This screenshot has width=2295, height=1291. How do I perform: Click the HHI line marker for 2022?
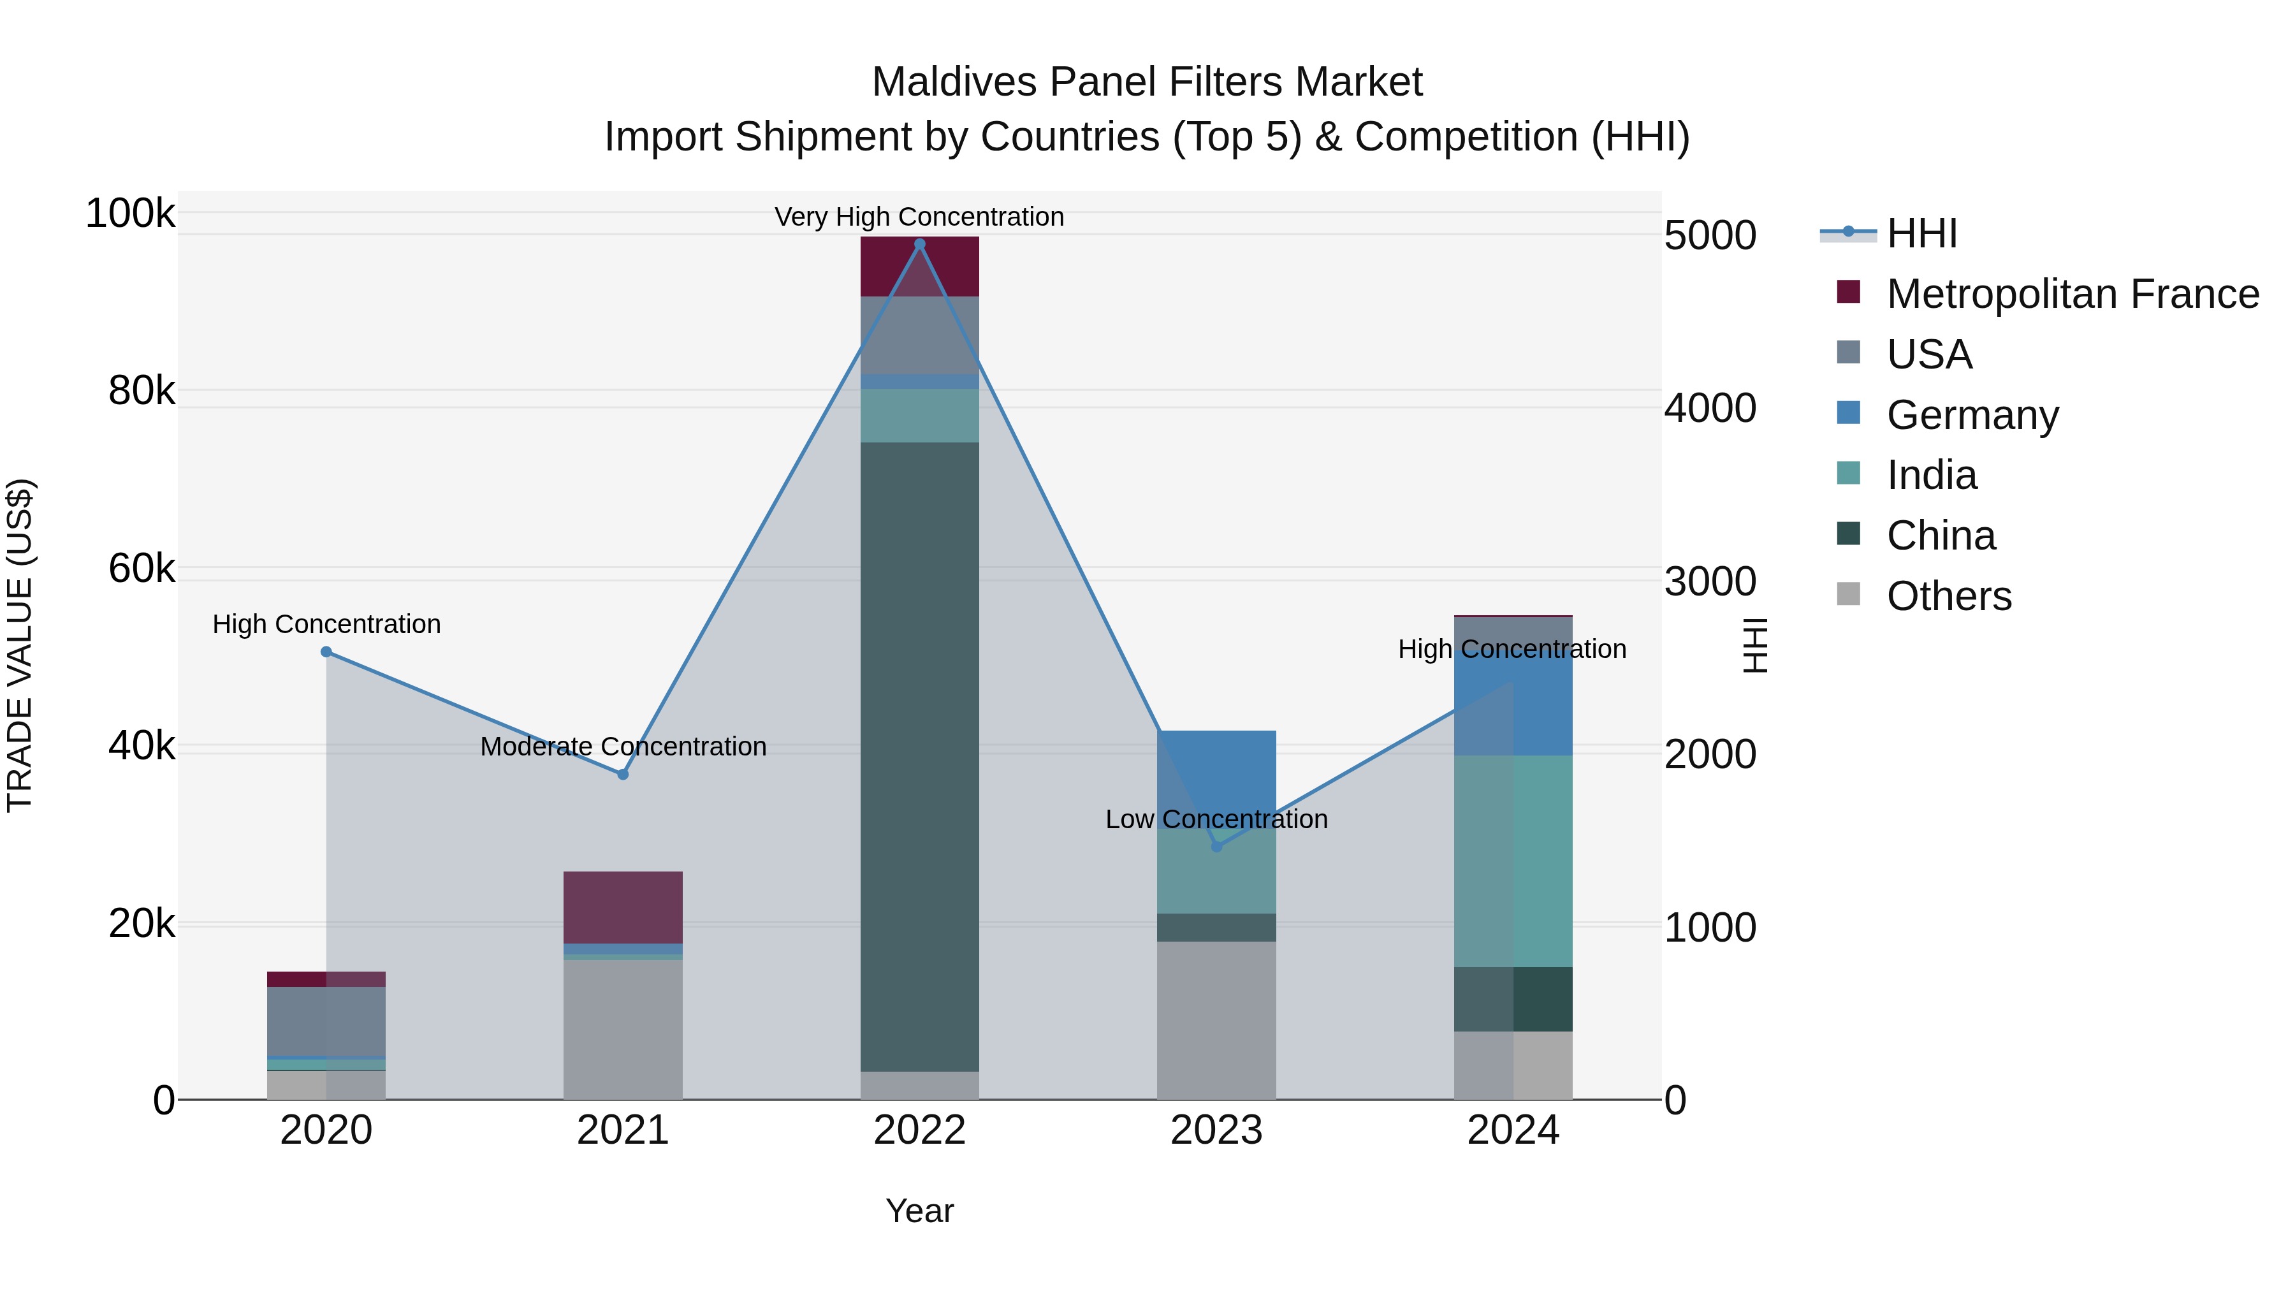pyautogui.click(x=919, y=244)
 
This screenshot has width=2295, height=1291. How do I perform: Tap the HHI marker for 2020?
pyautogui.click(x=326, y=652)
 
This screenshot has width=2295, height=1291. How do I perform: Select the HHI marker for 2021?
pyautogui.click(x=623, y=774)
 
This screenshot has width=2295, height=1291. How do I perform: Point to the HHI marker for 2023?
pyautogui.click(x=1216, y=847)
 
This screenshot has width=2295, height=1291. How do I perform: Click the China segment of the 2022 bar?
pyautogui.click(x=919, y=757)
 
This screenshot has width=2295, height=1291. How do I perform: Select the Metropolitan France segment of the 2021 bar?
pyautogui.click(x=623, y=907)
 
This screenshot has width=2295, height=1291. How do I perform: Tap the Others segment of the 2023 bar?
pyautogui.click(x=1216, y=1020)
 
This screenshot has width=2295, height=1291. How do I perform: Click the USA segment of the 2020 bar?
pyautogui.click(x=326, y=1021)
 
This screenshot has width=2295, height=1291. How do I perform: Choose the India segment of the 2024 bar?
pyautogui.click(x=1513, y=861)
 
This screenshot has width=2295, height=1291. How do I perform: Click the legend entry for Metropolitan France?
pyautogui.click(x=2073, y=294)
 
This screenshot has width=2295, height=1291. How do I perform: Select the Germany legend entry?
pyautogui.click(x=1972, y=415)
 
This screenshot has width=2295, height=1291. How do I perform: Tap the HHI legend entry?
pyautogui.click(x=1921, y=233)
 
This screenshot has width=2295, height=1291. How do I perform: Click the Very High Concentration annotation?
pyautogui.click(x=919, y=217)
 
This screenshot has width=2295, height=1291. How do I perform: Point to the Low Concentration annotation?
pyautogui.click(x=1216, y=819)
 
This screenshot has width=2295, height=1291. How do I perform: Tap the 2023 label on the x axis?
pyautogui.click(x=1216, y=1130)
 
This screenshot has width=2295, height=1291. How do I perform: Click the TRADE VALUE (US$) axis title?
pyautogui.click(x=20, y=645)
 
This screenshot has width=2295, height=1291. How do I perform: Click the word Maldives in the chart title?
pyautogui.click(x=954, y=82)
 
